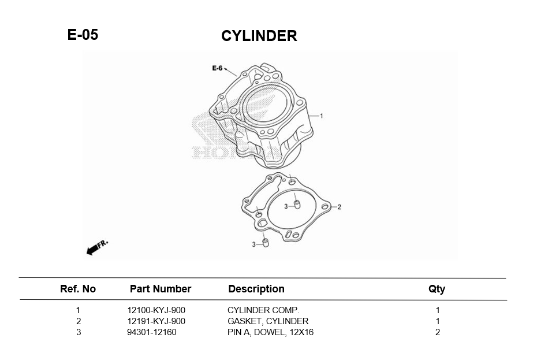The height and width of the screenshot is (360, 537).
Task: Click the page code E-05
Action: pos(83,35)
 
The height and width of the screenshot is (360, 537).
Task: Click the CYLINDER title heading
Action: pos(259,36)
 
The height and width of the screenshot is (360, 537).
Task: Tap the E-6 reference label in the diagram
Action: pos(217,68)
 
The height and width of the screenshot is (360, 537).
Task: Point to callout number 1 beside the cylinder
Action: pos(322,116)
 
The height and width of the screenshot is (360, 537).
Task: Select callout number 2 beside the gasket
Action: pos(339,207)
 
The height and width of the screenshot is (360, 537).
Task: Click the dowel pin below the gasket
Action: pos(266,243)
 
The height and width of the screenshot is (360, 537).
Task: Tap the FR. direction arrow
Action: pos(96,247)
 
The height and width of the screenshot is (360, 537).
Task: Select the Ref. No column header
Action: pos(78,289)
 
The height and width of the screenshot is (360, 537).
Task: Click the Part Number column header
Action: pos(160,289)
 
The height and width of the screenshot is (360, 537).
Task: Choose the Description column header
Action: pos(256,289)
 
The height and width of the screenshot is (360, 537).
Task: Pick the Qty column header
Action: pos(437,289)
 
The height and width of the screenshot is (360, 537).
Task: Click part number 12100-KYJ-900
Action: pos(156,310)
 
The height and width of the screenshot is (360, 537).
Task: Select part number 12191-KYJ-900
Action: pos(156,321)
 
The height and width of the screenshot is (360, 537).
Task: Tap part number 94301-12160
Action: pos(152,332)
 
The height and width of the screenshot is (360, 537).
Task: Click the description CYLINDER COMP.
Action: pos(263,310)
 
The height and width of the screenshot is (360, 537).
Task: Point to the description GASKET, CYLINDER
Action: pos(268,321)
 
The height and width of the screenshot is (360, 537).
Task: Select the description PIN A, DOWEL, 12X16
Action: pos(270,332)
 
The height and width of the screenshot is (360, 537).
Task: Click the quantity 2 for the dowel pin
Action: pos(438,332)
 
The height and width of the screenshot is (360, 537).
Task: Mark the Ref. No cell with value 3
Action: pos(78,332)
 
